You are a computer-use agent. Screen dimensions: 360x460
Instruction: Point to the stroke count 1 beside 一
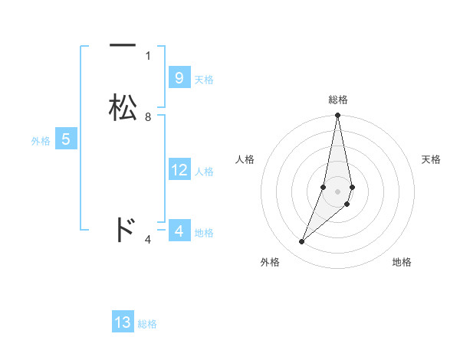148,55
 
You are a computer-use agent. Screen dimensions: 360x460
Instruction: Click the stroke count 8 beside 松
148,117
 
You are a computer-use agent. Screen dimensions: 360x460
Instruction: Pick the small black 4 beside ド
148,241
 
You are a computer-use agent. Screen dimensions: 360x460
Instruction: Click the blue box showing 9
179,78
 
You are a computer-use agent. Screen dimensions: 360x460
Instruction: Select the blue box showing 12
179,170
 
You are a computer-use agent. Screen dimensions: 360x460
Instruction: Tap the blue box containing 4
179,231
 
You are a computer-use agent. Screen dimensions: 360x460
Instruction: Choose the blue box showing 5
66,139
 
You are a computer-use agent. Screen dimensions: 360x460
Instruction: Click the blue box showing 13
123,322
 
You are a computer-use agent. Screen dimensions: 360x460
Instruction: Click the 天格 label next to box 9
204,80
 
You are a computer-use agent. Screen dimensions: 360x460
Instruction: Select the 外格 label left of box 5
41,141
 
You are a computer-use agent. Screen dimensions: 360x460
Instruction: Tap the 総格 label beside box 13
147,324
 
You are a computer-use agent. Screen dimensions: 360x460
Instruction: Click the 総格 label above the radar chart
338,100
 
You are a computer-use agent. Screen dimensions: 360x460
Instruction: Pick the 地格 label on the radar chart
402,262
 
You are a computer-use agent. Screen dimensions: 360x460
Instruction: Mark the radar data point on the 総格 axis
338,116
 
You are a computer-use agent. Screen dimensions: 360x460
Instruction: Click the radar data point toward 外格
302,242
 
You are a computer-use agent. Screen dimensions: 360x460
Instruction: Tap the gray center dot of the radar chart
338,191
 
